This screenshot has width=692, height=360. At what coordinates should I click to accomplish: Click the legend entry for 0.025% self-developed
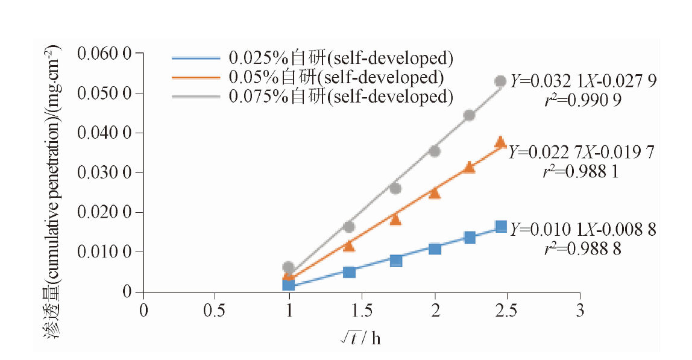[312, 58]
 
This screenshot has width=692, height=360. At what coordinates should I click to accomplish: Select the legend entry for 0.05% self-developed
[307, 77]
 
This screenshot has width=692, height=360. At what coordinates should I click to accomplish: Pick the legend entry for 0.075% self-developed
[312, 96]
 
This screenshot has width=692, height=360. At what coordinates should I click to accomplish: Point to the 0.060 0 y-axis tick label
[105, 54]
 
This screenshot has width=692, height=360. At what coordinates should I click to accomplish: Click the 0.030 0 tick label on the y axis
[105, 172]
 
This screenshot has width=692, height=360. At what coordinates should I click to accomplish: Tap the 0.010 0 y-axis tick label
[105, 251]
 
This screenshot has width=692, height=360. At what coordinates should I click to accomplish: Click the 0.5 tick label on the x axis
[214, 311]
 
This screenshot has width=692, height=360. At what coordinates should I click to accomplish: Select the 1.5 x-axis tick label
[361, 311]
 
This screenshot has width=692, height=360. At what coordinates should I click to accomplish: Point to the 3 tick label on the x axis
[580, 311]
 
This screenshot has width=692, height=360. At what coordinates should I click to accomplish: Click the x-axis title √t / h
[360, 338]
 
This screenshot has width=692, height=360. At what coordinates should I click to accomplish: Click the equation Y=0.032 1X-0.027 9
[583, 81]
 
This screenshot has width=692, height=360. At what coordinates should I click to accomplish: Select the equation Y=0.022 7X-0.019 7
[581, 152]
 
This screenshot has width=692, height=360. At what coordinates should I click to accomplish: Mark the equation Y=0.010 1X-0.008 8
[583, 229]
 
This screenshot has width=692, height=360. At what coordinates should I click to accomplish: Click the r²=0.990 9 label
[582, 100]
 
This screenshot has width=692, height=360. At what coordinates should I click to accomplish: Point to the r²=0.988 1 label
[580, 171]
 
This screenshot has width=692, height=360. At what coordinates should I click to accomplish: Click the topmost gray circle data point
[500, 81]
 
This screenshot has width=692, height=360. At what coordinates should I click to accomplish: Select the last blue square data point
[501, 227]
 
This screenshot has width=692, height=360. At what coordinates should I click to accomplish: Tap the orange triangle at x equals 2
[435, 193]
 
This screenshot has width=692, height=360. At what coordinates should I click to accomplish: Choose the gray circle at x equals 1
[289, 267]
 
